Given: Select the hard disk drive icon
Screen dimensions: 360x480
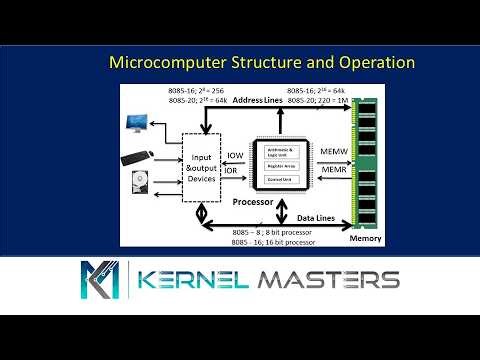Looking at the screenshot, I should coord(139,187).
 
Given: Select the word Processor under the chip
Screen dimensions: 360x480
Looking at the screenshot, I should coord(254,201).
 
